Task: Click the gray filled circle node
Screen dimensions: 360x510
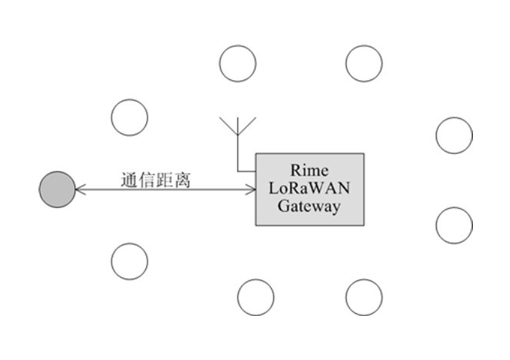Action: click(57, 190)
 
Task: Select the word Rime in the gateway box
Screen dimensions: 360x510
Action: click(309, 169)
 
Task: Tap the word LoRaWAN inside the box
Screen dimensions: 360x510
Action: click(309, 188)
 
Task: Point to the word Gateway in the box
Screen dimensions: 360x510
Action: click(309, 206)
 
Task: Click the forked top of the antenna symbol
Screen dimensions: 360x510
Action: click(238, 125)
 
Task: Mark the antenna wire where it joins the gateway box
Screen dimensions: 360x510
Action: click(255, 172)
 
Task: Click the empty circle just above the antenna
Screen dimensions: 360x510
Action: click(238, 63)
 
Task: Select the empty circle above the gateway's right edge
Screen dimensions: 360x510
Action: click(364, 63)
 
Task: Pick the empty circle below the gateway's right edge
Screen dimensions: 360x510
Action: click(364, 297)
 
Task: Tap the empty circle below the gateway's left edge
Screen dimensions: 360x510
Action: click(256, 297)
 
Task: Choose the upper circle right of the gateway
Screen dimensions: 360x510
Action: click(454, 136)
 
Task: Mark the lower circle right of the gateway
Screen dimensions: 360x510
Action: click(454, 225)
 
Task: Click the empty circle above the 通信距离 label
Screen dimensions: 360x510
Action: click(130, 118)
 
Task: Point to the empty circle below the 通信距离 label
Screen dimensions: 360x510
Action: click(130, 261)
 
